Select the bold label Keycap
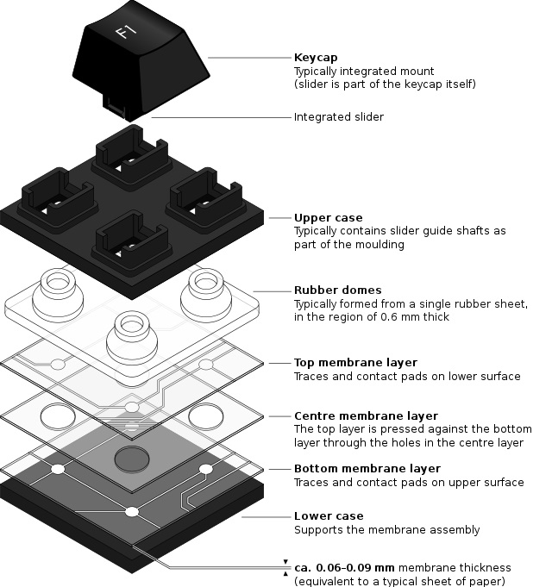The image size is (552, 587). tap(315, 58)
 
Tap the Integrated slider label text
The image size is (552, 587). tap(339, 117)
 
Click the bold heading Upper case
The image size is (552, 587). tap(329, 218)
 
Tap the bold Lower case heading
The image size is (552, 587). tap(329, 516)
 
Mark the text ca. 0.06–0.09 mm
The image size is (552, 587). tap(344, 567)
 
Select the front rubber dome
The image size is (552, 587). tap(132, 333)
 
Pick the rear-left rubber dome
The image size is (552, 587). tap(58, 292)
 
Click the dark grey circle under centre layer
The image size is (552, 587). tap(132, 459)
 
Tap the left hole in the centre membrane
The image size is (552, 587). tap(58, 418)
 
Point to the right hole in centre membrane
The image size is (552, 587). tap(206, 417)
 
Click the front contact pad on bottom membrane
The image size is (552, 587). tap(132, 512)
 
